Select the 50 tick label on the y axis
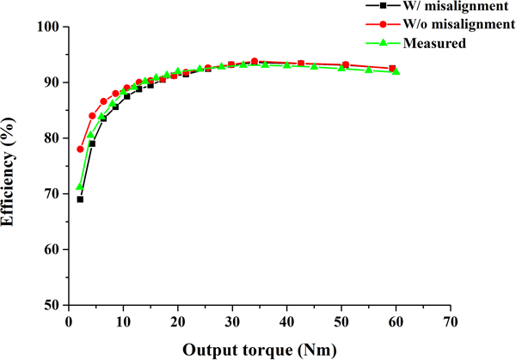coord(51,305)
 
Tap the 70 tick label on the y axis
coord(51,194)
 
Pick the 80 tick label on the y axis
coord(51,138)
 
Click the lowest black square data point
coord(80,199)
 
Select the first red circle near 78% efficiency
coord(81,149)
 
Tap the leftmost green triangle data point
coord(80,187)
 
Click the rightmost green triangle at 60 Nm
coord(396,71)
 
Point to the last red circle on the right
coord(392,68)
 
